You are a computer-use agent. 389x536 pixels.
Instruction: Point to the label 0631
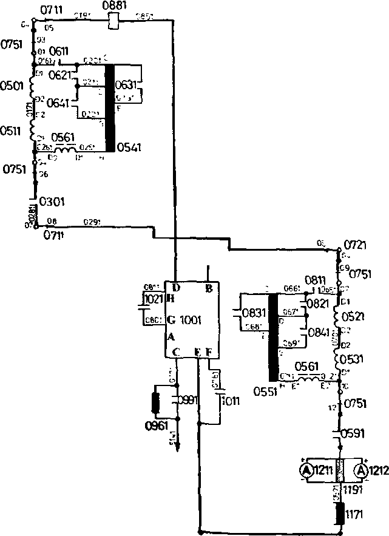[127, 85]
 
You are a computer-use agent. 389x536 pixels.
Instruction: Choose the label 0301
[52, 201]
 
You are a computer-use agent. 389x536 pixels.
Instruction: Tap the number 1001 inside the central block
[191, 319]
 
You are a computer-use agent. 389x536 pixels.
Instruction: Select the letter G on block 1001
[171, 319]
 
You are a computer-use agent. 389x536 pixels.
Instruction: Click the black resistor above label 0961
[155, 402]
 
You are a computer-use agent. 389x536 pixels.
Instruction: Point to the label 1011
[231, 401]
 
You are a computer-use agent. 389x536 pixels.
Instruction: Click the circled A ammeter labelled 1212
[360, 470]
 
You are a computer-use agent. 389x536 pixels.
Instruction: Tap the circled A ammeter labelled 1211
[308, 470]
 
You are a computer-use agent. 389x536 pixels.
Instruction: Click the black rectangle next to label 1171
[339, 513]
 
